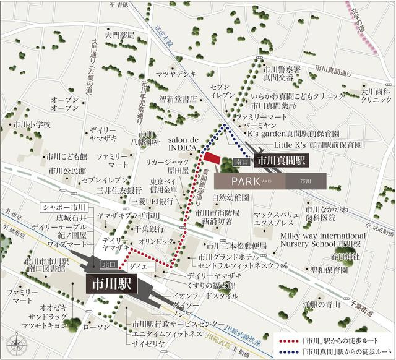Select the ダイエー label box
(x=140, y=267)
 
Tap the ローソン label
(x=101, y=327)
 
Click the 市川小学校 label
(x=31, y=124)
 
